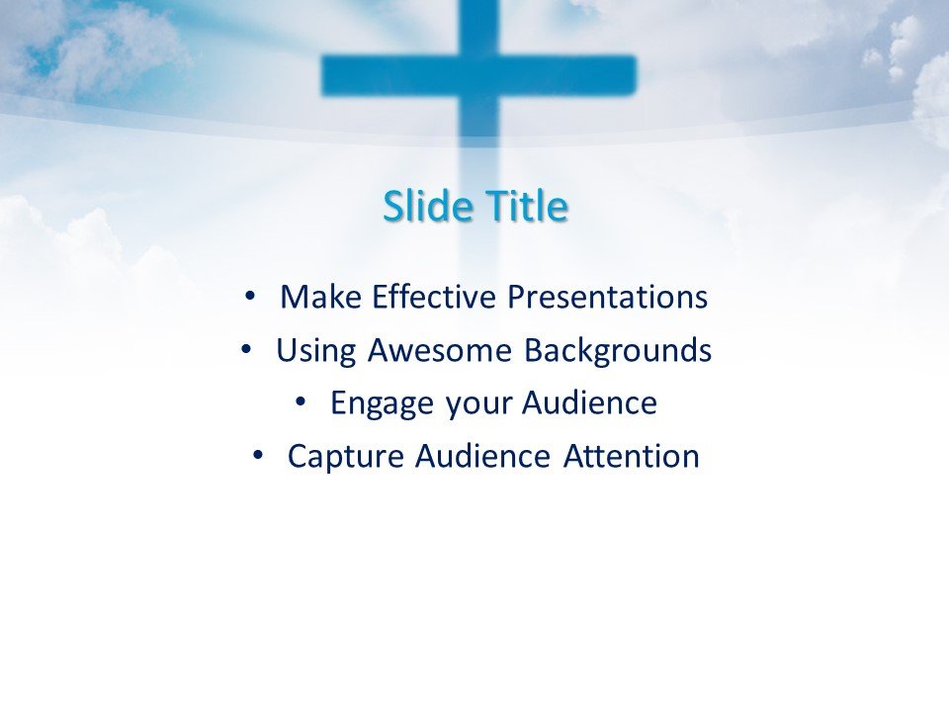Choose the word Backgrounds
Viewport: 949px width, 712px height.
(x=617, y=350)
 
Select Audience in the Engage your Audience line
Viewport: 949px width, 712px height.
(x=589, y=403)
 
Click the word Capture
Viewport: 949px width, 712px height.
(x=347, y=457)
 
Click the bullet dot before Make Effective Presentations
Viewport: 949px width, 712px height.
(x=249, y=295)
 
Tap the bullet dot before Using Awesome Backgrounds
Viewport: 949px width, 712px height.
(x=245, y=348)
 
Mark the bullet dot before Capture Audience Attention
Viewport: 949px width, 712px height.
(x=257, y=455)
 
